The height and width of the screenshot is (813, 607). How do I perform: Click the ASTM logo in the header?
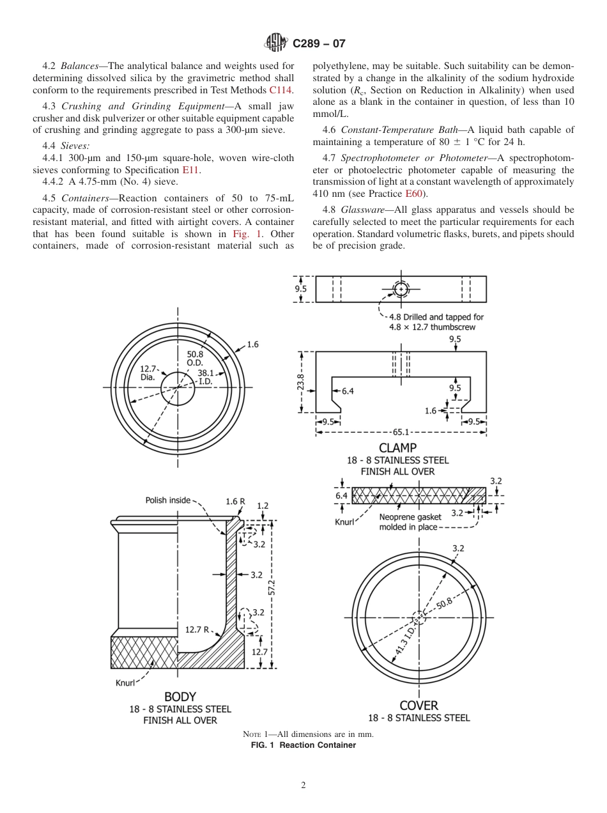[277, 43]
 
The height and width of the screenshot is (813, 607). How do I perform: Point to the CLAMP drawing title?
[397, 448]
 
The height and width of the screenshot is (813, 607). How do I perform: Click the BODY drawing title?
[180, 697]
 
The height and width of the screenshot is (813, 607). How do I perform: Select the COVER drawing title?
[419, 706]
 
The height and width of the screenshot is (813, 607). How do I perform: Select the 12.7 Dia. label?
[148, 373]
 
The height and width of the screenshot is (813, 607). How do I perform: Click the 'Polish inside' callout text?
[167, 500]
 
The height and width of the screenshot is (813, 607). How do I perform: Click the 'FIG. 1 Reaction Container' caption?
[303, 745]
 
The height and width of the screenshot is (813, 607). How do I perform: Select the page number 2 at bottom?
[303, 786]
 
